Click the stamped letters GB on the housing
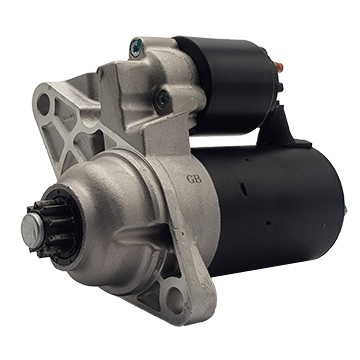[194, 179]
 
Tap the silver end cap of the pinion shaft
[32, 230]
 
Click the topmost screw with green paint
[136, 46]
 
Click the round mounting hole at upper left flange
[43, 104]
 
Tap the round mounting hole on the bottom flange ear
[176, 299]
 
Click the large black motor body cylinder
[270, 207]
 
